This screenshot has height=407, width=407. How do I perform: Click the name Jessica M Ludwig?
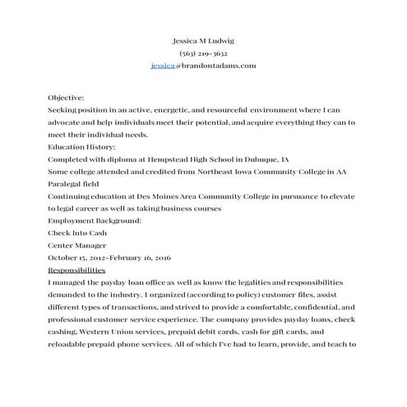[203, 40]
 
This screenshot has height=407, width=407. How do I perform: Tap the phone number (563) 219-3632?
[203, 53]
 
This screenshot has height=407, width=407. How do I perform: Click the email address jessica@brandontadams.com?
[203, 65]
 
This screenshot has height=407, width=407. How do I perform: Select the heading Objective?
[66, 97]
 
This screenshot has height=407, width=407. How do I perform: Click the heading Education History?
[81, 146]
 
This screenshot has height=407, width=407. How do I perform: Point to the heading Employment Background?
[95, 220]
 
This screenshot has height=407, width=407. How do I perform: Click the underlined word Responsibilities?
[76, 270]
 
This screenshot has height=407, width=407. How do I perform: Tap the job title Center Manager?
[77, 245]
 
